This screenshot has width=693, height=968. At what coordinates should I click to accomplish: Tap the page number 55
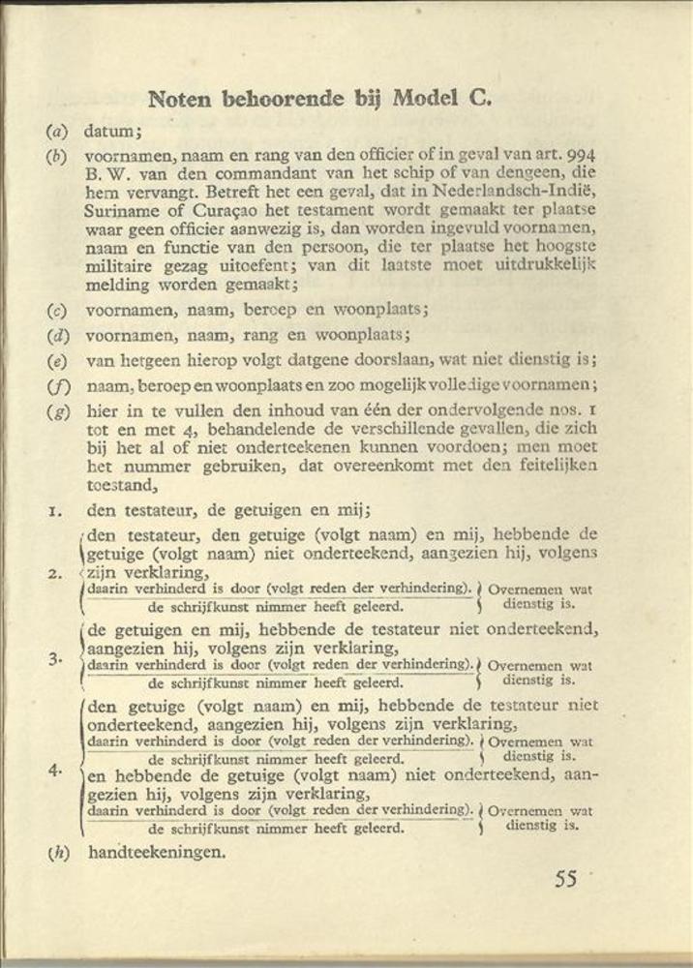[x=566, y=879]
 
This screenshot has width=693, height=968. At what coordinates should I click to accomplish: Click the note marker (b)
[x=56, y=155]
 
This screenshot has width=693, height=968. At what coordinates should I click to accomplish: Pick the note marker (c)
[x=56, y=312]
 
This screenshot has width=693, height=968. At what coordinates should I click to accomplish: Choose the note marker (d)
[x=56, y=336]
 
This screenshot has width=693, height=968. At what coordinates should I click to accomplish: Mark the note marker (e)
[x=56, y=361]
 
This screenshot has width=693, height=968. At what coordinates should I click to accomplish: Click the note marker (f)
[x=56, y=386]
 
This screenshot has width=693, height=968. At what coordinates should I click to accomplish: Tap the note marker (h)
[x=58, y=853]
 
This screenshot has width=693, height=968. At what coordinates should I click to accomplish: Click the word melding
[x=116, y=286]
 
